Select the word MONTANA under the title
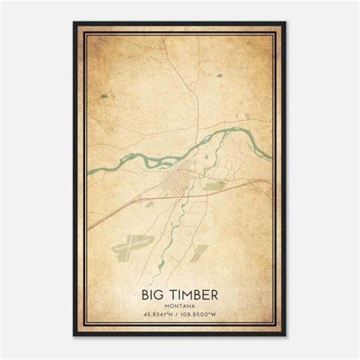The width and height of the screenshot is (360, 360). [x=179, y=305]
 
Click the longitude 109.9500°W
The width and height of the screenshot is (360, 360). [x=202, y=315]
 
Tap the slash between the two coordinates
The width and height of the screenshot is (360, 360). [x=179, y=315]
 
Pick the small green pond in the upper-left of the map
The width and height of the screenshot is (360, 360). [x=104, y=96]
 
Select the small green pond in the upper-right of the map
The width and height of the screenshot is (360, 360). [x=219, y=76]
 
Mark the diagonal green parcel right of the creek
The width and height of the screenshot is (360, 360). [x=199, y=252]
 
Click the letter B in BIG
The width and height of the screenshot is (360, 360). [x=145, y=294]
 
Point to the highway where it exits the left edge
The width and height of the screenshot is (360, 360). [x=89, y=229]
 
